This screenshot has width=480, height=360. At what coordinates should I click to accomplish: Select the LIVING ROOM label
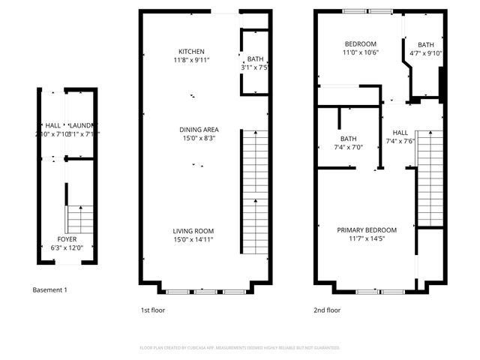tap(193, 231)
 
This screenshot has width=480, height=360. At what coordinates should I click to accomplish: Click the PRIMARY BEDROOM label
tap(366, 229)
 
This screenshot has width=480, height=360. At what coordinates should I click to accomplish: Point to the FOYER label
tap(68, 239)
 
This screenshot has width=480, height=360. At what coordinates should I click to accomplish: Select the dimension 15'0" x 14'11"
tap(193, 239)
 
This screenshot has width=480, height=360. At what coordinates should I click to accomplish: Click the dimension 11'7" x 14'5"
tap(366, 238)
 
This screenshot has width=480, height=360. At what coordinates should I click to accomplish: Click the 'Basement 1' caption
tap(49, 289)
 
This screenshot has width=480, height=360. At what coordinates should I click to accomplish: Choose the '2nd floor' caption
tap(327, 310)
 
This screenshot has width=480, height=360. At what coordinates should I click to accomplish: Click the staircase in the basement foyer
tap(76, 219)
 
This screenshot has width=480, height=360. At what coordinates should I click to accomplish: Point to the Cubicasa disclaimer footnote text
tap(240, 348)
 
